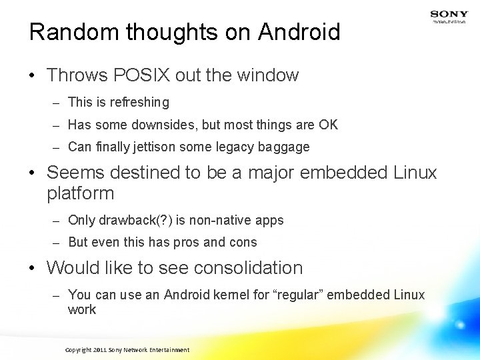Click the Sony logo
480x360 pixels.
pos(449,14)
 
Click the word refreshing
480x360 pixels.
pos(141,103)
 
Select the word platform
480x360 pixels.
pos(81,194)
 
